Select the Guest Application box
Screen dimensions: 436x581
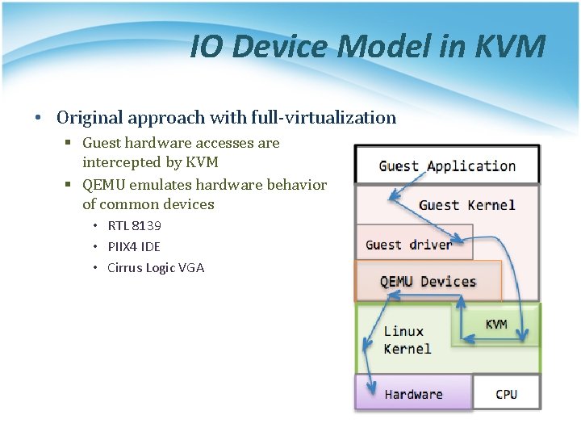447,166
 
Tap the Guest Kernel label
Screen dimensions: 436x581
466,205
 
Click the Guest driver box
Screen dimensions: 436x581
408,244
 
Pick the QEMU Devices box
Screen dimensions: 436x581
428,281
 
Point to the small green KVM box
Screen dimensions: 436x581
496,324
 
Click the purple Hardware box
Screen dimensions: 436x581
413,394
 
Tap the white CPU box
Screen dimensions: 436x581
506,394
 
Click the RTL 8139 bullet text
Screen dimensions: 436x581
134,226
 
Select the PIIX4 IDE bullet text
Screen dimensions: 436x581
134,246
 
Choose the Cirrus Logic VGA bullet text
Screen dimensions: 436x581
156,267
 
